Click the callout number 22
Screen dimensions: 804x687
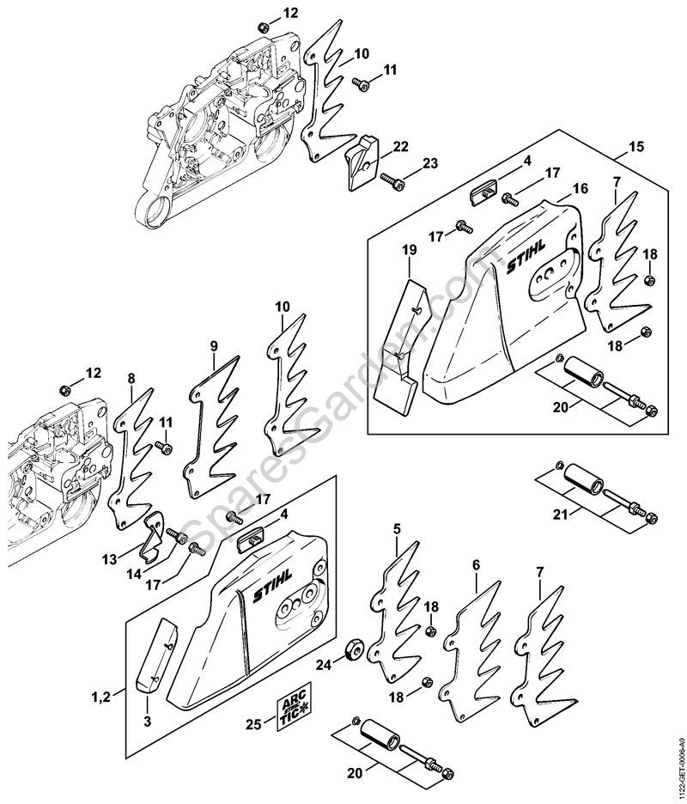[400, 147]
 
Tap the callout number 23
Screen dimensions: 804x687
[429, 163]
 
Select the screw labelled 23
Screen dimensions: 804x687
[392, 180]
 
